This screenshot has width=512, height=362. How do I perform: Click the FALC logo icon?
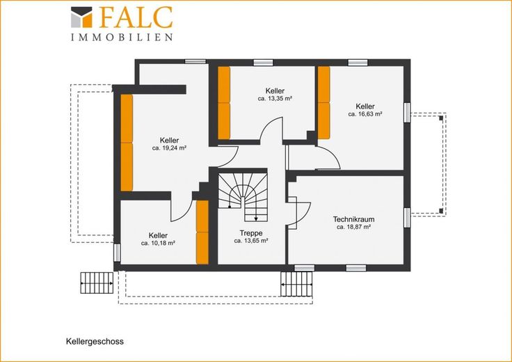(x=81, y=17)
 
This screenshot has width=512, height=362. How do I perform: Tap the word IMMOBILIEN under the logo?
(x=122, y=38)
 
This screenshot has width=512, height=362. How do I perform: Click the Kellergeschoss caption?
(x=95, y=342)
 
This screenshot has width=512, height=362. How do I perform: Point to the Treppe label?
(x=251, y=233)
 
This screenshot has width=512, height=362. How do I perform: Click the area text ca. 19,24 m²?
(x=169, y=148)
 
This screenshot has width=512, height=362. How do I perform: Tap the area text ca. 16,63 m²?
(x=365, y=114)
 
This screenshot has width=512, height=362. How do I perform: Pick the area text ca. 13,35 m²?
(x=275, y=98)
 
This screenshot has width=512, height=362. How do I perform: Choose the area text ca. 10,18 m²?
(x=158, y=243)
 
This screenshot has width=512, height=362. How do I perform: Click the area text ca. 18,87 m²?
(x=353, y=227)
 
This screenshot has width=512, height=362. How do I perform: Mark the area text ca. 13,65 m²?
(x=251, y=241)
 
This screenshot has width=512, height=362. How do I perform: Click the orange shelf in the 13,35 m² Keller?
(x=224, y=103)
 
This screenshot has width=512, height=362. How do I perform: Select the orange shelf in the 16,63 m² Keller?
(x=324, y=102)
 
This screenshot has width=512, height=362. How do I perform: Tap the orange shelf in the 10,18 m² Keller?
(x=202, y=232)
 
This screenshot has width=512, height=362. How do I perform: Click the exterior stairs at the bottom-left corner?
(x=97, y=283)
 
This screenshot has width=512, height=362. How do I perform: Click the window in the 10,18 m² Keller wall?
(x=117, y=253)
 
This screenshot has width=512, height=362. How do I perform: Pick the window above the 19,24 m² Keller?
(x=195, y=61)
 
